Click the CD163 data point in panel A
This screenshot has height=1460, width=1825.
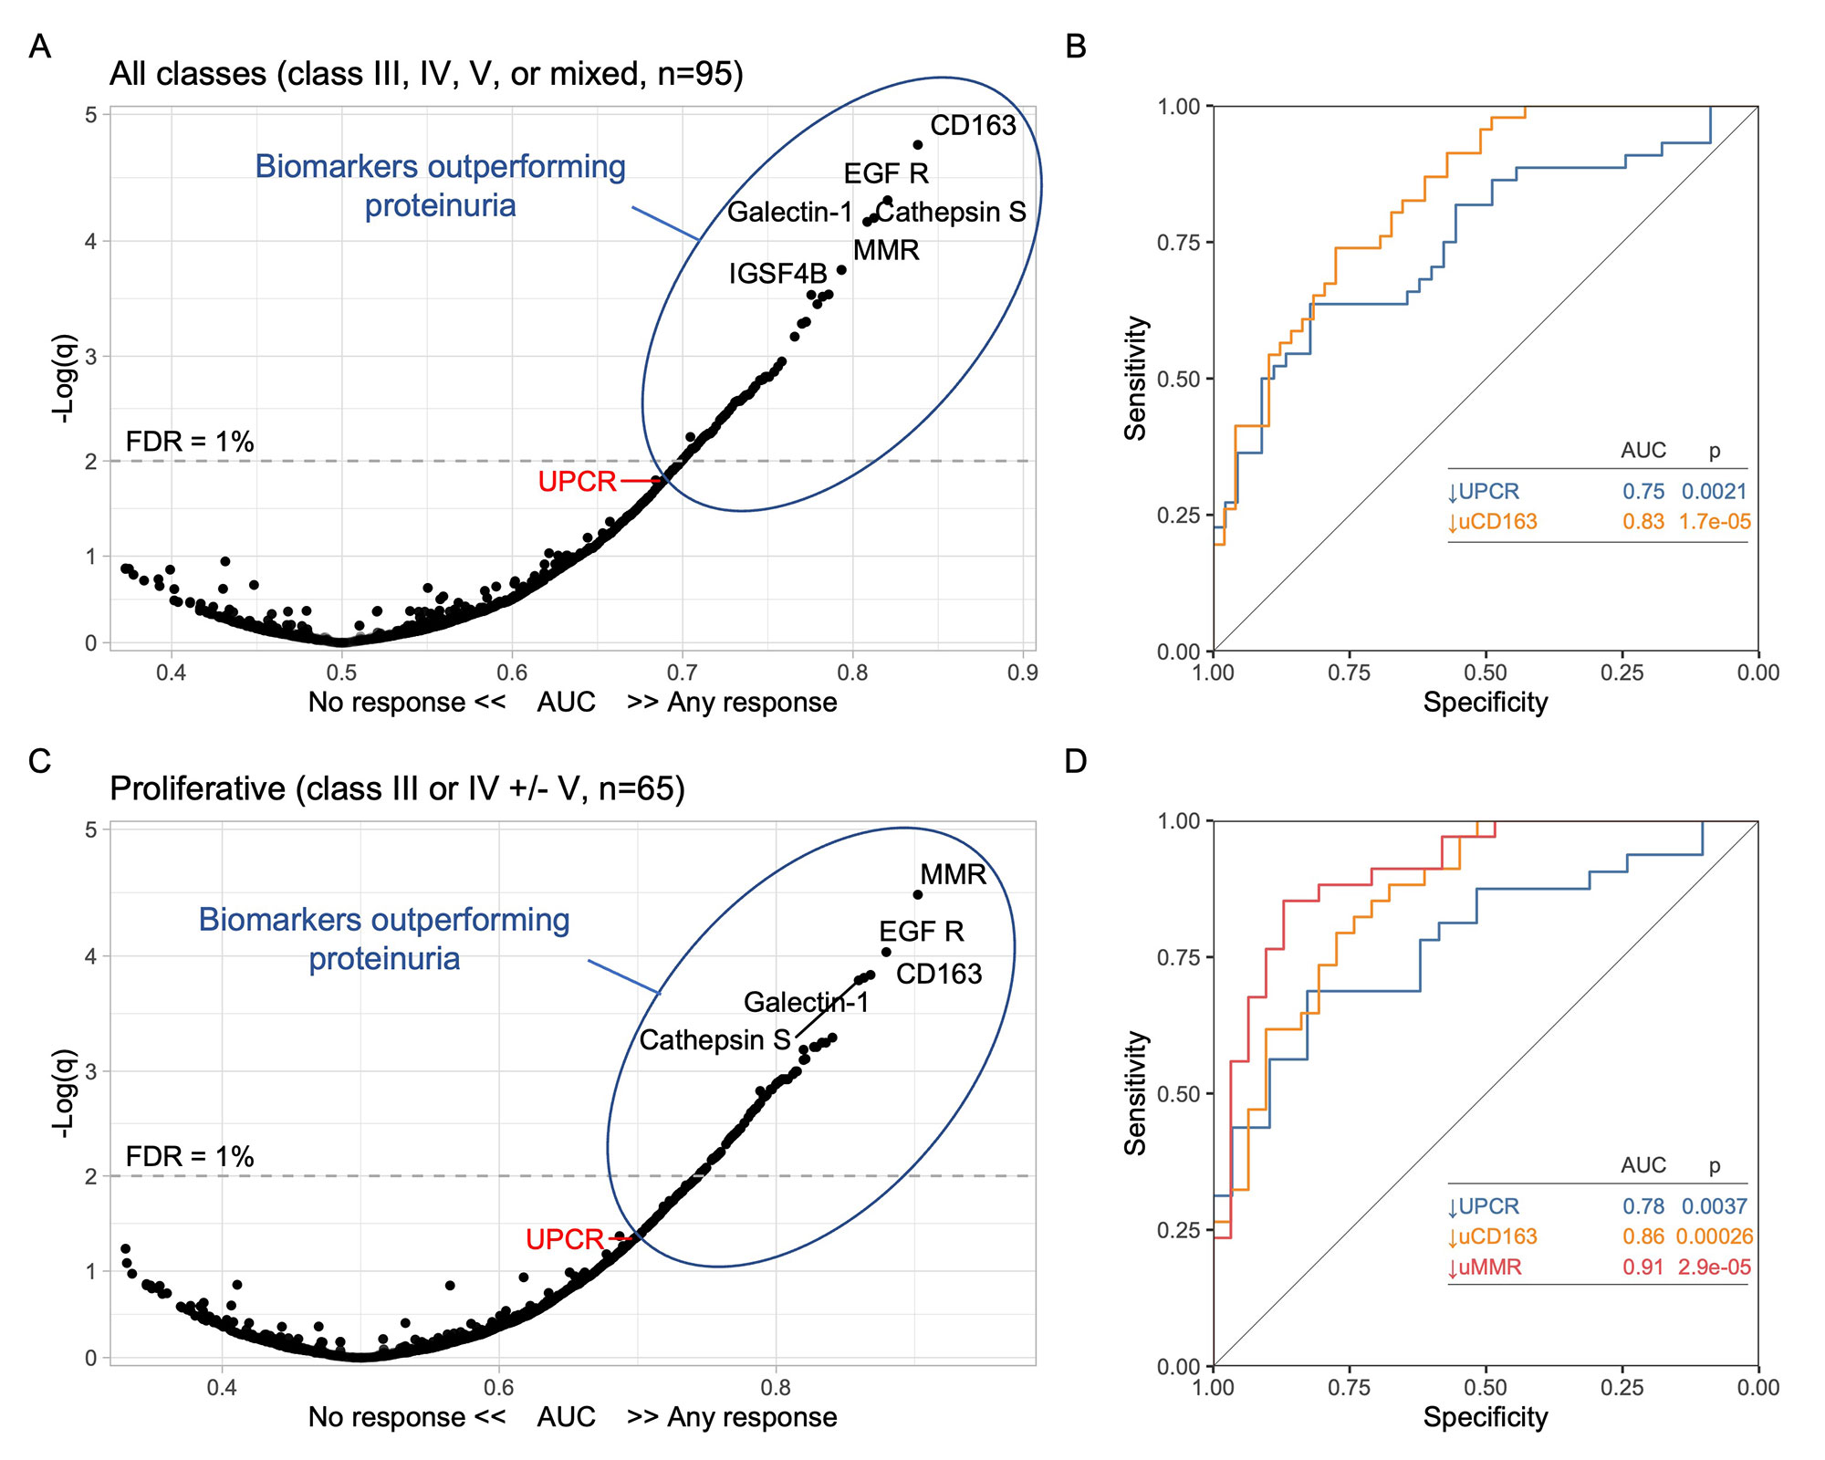pos(918,145)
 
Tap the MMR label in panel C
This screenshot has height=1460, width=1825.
pos(953,874)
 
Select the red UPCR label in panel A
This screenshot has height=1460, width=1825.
pos(577,481)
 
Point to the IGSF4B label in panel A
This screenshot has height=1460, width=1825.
pos(777,273)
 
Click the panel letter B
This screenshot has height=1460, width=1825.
pos(1076,46)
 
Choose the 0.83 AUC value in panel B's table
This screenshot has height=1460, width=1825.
pos(1642,522)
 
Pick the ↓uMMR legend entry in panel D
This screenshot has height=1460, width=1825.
pos(1485,1267)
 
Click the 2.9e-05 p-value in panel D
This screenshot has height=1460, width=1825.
pos(1714,1267)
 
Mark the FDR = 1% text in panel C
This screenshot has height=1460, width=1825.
pos(190,1156)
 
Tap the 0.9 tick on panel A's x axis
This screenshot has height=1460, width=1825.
pos(1023,673)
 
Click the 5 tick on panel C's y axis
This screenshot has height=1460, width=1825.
pos(91,829)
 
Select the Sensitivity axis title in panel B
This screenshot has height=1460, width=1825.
pos(1135,379)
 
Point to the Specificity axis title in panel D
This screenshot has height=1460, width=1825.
pos(1486,1417)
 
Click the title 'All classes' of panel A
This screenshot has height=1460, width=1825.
pos(187,73)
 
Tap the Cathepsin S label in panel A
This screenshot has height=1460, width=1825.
pos(951,212)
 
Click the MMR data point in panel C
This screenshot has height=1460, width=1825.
pos(918,895)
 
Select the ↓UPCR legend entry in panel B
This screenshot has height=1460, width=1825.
pos(1484,492)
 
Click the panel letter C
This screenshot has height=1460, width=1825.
pos(39,760)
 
